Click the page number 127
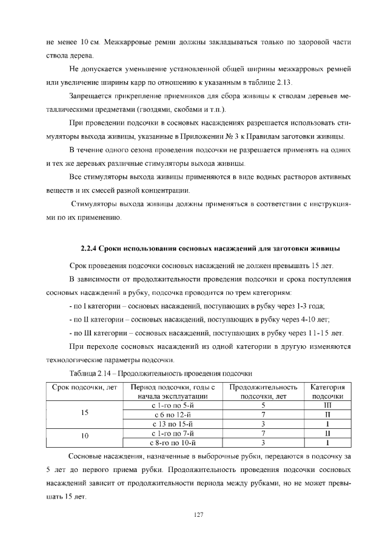pyautogui.click(x=198, y=514)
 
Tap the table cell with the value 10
pyautogui.click(x=85, y=436)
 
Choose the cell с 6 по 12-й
pyautogui.click(x=173, y=413)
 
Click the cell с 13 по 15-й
pyautogui.click(x=173, y=423)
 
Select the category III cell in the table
pyautogui.click(x=327, y=403)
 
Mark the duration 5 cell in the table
pyautogui.click(x=263, y=403)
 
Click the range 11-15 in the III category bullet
pyautogui.click(x=320, y=333)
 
